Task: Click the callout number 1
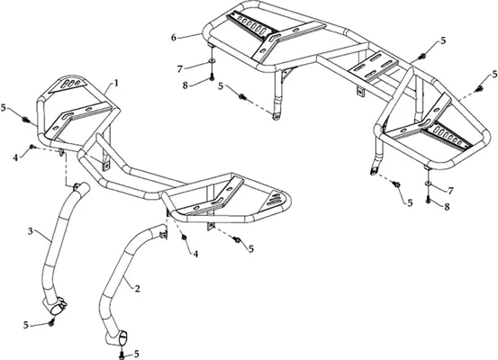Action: point(116,83)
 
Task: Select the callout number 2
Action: point(137,289)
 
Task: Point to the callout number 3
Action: point(31,231)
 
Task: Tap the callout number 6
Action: point(174,38)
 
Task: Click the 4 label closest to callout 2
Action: point(195,254)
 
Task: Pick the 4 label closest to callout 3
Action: point(15,157)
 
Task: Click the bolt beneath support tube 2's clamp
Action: point(122,355)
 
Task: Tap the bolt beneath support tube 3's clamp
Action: point(50,322)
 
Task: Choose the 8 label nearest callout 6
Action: point(186,85)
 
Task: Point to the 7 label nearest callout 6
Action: point(180,68)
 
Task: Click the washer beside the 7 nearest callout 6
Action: point(212,60)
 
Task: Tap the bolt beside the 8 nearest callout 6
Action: point(212,76)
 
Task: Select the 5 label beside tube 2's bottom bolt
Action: point(137,354)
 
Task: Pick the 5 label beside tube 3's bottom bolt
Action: point(26,325)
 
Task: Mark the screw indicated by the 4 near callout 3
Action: point(32,147)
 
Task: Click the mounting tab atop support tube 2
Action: point(163,234)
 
